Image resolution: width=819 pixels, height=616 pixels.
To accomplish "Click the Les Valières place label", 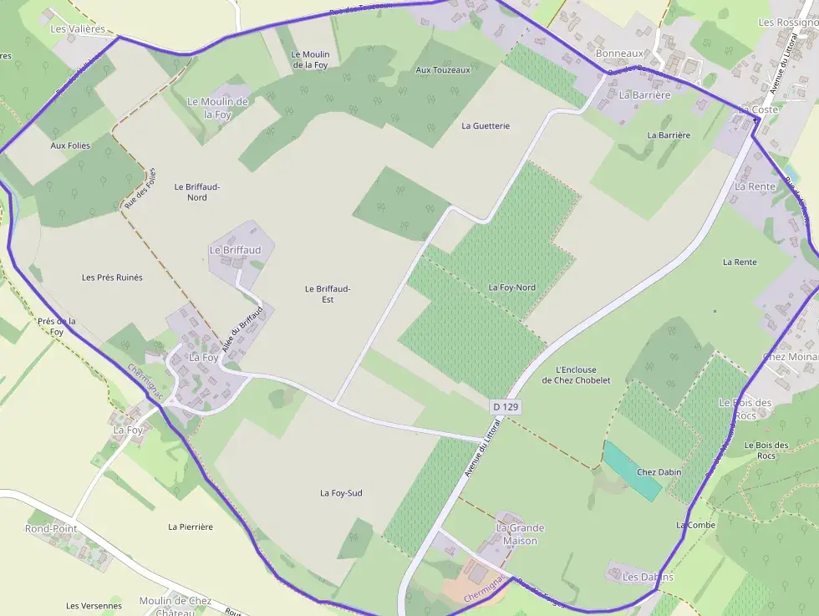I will [78, 28].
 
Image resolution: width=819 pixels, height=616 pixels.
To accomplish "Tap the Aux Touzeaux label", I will [443, 69].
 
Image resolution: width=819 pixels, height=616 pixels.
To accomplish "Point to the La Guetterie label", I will [486, 125].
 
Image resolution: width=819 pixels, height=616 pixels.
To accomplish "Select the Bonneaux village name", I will [619, 53].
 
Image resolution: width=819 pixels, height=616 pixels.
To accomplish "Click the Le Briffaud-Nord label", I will [196, 191].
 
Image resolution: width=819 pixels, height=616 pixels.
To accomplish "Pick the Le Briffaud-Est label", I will [328, 293].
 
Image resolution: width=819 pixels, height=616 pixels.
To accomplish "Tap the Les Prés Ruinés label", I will [112, 277].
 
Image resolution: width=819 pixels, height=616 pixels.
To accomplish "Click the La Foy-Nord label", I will [511, 288].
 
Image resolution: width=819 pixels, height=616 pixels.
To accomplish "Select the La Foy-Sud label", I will [341, 493].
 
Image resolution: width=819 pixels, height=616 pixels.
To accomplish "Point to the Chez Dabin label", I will [659, 472].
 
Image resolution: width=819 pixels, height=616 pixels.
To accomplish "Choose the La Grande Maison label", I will [520, 534].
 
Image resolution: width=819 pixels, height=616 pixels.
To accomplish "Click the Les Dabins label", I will [648, 577].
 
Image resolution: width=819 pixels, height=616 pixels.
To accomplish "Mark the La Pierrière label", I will [191, 527].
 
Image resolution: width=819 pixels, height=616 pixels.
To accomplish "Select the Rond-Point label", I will [51, 528].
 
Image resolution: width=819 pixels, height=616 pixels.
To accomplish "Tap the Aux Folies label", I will [70, 145].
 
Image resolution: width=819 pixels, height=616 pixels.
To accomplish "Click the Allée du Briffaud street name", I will [240, 328].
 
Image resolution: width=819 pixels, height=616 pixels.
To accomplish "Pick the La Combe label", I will [695, 525].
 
